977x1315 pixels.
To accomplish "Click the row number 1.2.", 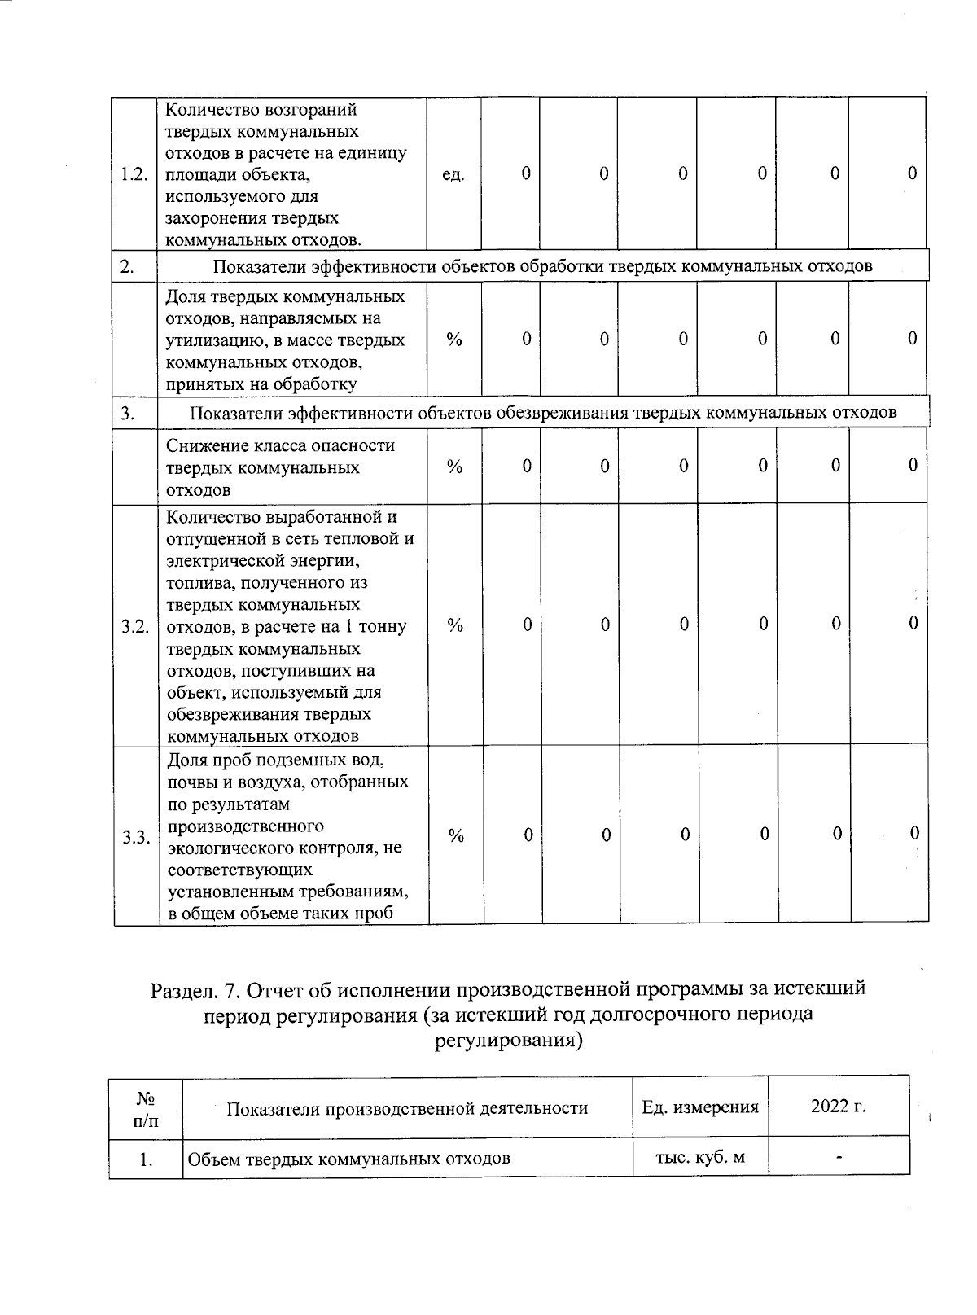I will coord(133,174).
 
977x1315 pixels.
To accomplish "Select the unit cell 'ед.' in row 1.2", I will coord(453,174).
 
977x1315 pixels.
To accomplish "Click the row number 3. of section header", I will coord(128,413).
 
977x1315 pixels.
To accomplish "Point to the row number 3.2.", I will coord(135,626).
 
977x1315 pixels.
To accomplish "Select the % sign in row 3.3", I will coord(456,836).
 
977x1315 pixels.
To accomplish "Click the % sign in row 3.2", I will coord(455,625).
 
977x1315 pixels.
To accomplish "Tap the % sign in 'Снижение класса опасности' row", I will coord(454,467).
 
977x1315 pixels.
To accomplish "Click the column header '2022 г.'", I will coord(838,1106).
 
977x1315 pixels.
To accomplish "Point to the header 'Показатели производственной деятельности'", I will coord(407,1108).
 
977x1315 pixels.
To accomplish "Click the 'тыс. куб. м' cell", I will coord(700,1157).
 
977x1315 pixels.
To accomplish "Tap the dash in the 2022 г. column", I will coord(838,1155).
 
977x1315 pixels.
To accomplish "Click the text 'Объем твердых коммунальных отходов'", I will coord(348,1159).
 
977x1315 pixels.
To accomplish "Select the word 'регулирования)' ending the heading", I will coord(510,1041).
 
